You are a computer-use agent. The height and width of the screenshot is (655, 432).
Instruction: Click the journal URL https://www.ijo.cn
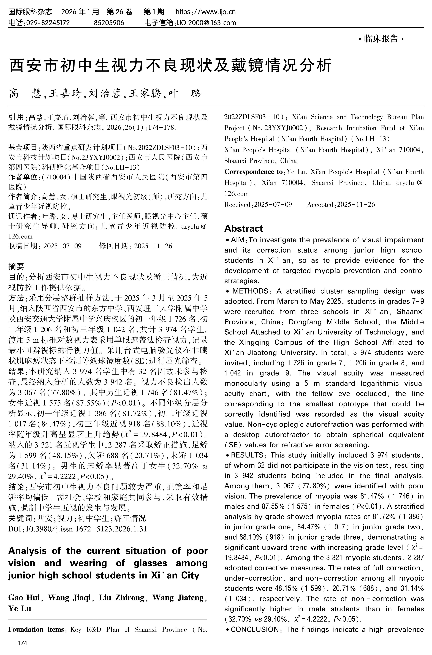pos(206,12)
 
